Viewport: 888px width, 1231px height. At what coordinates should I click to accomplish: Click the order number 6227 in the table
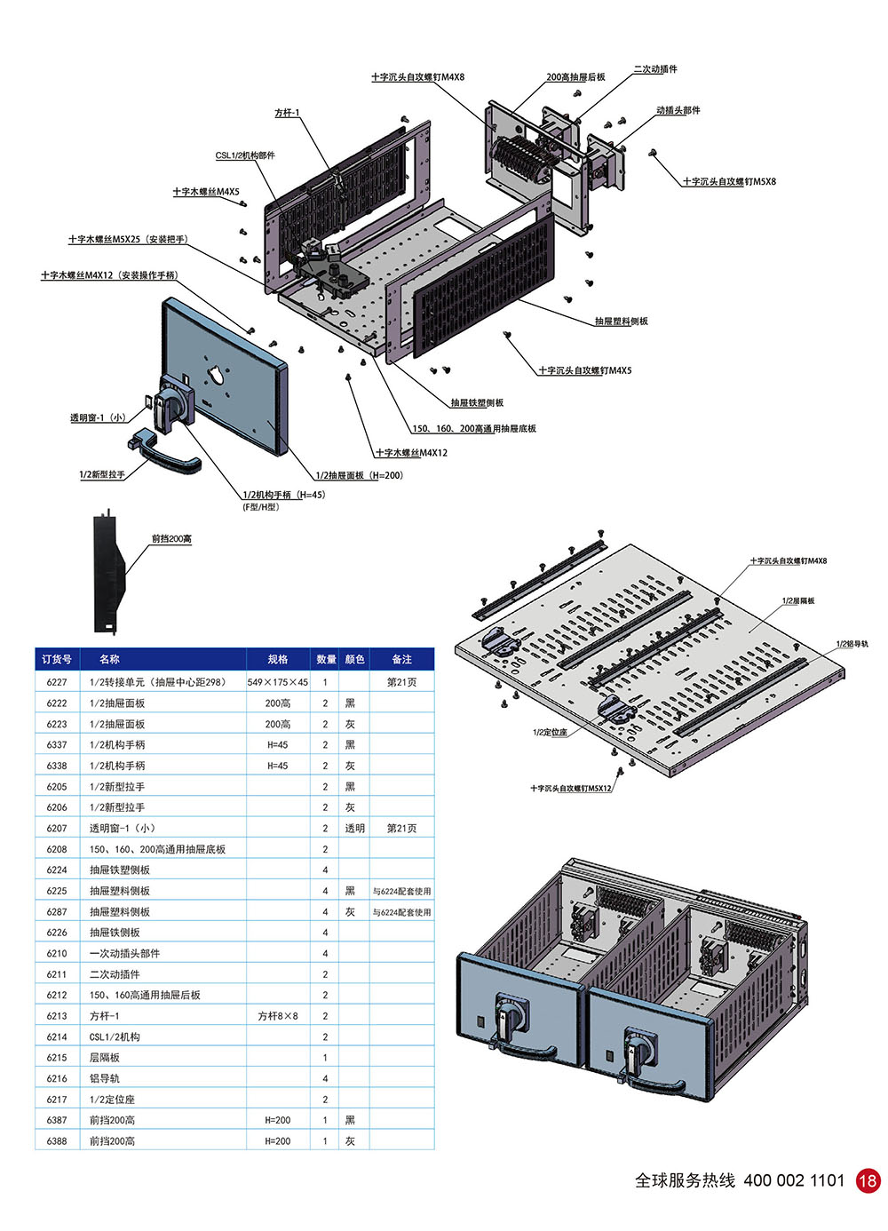[x=57, y=682]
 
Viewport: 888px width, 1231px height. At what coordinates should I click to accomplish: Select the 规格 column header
[x=277, y=659]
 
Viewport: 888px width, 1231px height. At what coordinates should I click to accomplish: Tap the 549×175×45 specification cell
[x=277, y=682]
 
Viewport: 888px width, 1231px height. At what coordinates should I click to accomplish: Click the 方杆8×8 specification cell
[x=277, y=1016]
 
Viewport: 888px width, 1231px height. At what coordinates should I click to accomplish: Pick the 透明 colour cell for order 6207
[x=354, y=828]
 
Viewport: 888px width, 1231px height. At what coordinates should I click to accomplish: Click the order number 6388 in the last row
[x=57, y=1141]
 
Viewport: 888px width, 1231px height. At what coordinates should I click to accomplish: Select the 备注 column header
[x=401, y=659]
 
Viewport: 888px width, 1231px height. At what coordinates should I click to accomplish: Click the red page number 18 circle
[x=868, y=1180]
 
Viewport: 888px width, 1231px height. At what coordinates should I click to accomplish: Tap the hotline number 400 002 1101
[x=794, y=1180]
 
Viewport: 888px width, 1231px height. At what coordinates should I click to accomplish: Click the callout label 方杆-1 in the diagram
[x=287, y=113]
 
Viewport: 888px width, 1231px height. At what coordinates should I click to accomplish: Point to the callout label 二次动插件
[x=655, y=69]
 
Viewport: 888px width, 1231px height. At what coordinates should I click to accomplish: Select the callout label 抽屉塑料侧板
[x=621, y=321]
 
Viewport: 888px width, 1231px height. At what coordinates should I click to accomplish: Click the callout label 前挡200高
[x=171, y=538]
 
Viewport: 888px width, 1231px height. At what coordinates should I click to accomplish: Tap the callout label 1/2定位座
[x=550, y=732]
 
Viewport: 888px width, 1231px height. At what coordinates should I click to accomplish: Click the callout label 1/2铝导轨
[x=852, y=644]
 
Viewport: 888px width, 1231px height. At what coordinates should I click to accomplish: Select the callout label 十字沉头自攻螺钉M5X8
[x=729, y=181]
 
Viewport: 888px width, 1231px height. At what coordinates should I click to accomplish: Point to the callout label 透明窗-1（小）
[x=98, y=417]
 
